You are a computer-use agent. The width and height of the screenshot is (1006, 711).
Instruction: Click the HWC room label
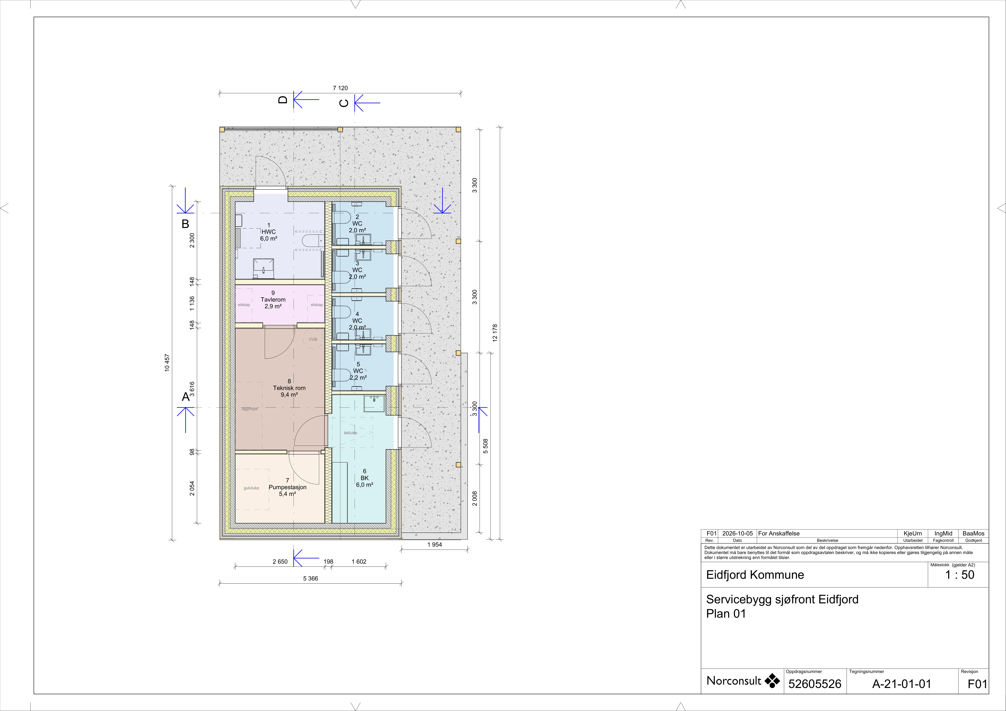[269, 232]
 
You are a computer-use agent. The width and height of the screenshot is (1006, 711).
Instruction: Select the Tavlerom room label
[273, 300]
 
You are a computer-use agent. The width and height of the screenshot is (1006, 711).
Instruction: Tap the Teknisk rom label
[289, 388]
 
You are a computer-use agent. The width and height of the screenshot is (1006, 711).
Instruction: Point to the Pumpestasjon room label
[287, 487]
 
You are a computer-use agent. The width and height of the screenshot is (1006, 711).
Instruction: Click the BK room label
[365, 478]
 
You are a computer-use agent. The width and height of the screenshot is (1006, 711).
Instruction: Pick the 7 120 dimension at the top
[340, 88]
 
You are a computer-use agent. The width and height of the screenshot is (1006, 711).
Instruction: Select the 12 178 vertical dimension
[495, 333]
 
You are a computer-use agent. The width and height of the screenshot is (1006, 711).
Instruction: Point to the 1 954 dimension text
[435, 545]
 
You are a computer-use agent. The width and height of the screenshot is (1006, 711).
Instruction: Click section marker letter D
[283, 100]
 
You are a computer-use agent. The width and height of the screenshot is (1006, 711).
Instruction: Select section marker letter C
[344, 103]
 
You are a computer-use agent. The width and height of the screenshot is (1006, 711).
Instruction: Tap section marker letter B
[185, 224]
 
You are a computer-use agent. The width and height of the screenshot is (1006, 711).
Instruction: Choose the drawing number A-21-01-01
[902, 684]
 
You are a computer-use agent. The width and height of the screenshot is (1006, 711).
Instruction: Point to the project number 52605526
[815, 684]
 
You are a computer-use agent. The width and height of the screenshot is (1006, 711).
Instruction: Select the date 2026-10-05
[737, 534]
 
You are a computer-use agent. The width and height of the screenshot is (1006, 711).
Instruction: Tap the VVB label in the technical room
[313, 340]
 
